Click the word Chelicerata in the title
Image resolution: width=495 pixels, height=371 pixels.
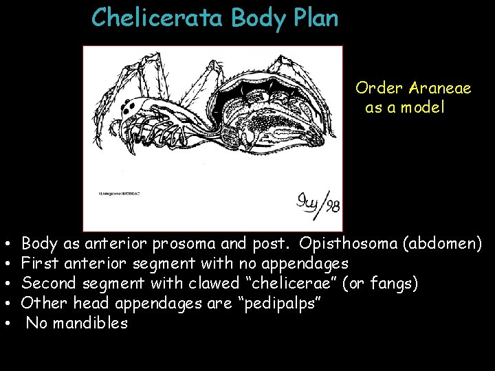pyautogui.click(x=157, y=17)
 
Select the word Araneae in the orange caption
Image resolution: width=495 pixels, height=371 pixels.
pyautogui.click(x=440, y=89)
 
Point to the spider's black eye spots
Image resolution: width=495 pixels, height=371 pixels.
pyautogui.click(x=129, y=109)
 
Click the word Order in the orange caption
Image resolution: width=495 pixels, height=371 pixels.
pyautogui.click(x=379, y=89)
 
